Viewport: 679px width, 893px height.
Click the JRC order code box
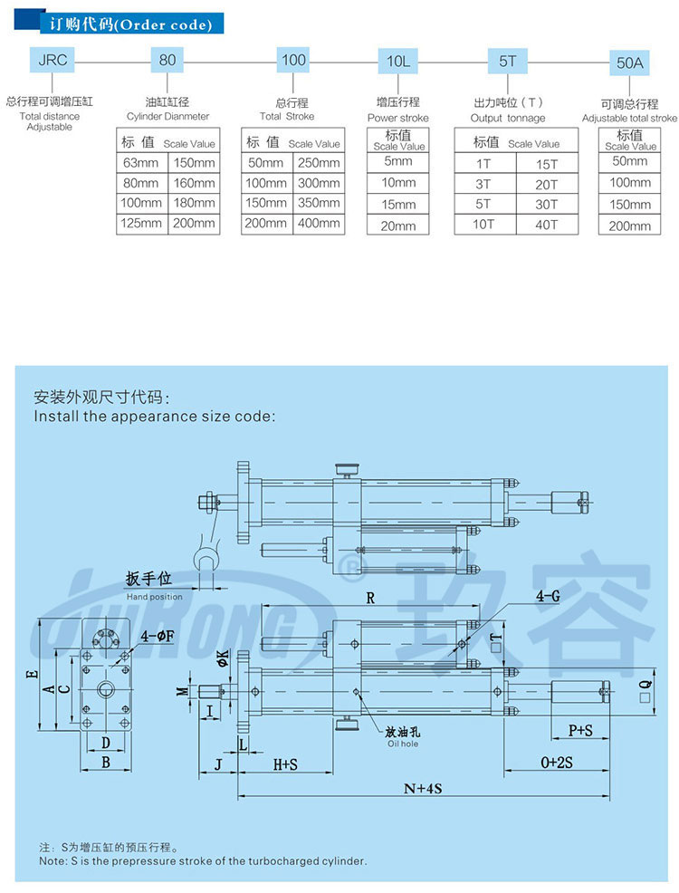coord(51,61)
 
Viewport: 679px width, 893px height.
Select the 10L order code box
coord(398,61)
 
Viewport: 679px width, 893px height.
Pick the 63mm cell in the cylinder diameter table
coord(141,163)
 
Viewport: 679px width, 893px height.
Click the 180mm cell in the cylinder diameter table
coord(194,203)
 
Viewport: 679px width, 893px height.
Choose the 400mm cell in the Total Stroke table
coord(318,223)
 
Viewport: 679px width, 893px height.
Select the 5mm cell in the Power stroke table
coord(398,161)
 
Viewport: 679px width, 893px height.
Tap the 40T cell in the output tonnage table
coord(546,224)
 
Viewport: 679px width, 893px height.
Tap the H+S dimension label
coord(285,764)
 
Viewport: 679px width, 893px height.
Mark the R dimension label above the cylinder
coord(370,598)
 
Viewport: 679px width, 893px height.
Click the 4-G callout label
coord(548,598)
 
